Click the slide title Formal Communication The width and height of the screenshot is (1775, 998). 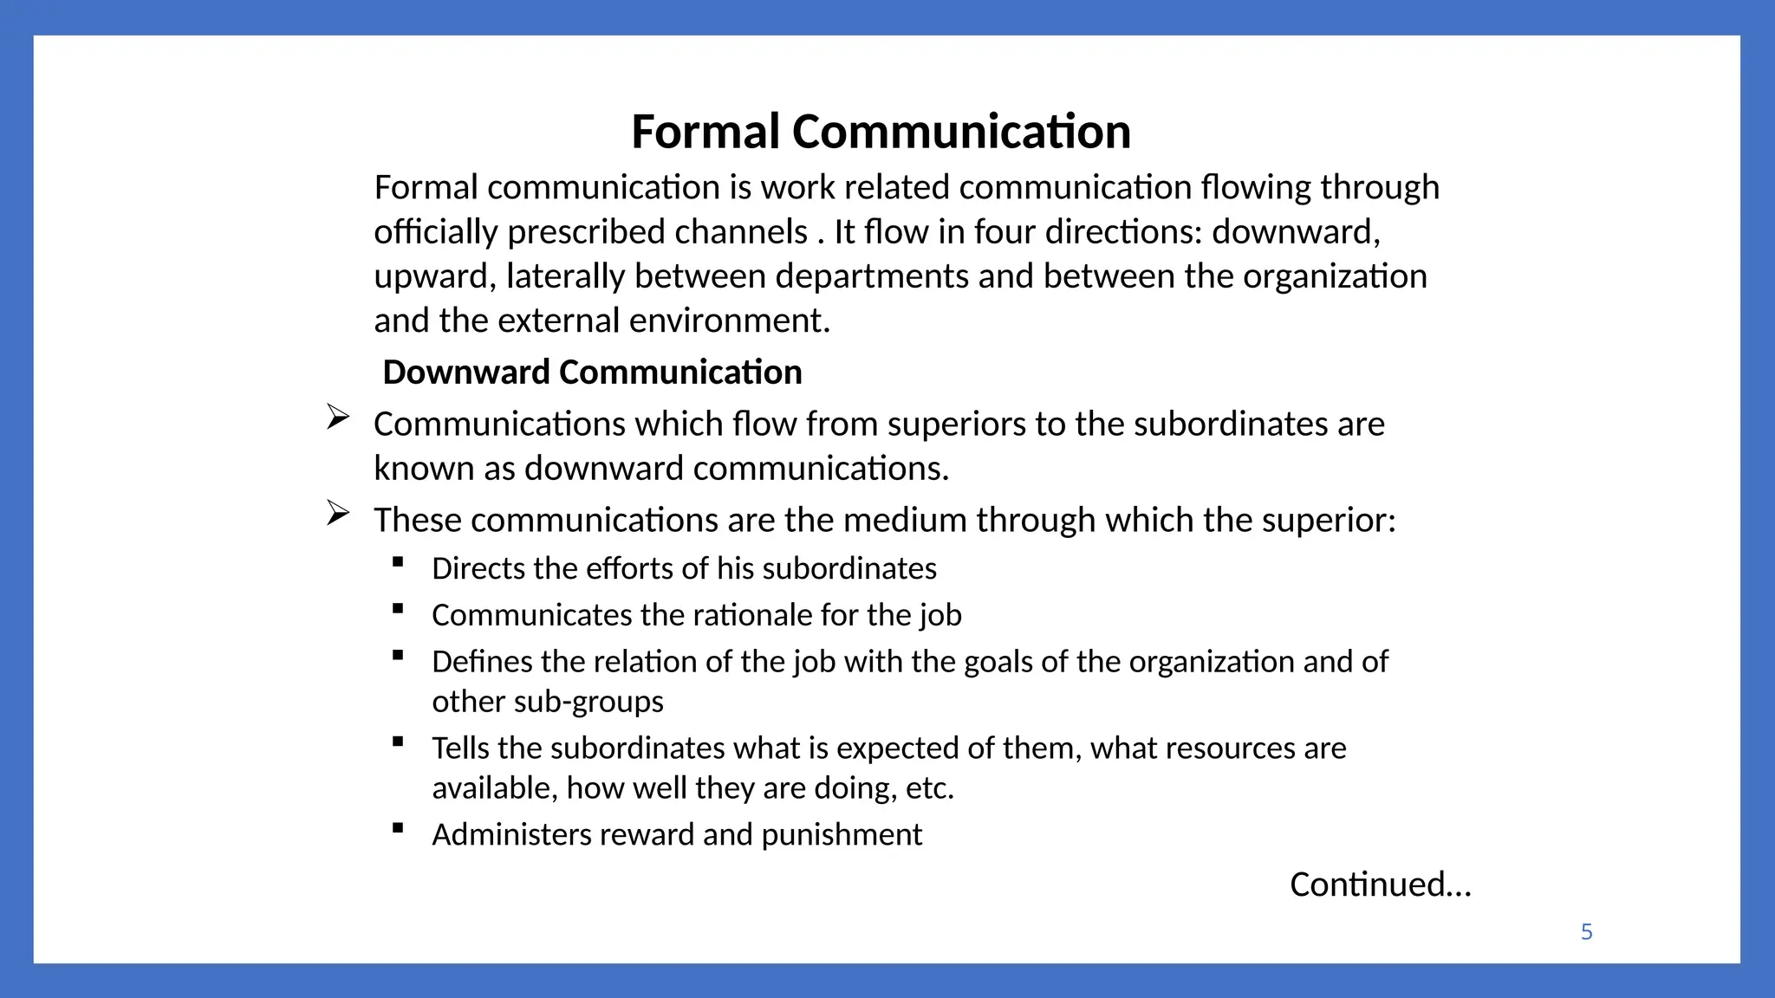click(881, 132)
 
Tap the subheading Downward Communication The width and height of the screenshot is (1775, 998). click(592, 372)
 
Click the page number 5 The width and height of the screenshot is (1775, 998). click(1586, 932)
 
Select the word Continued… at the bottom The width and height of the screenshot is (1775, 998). click(1381, 885)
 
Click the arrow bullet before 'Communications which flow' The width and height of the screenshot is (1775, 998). click(338, 418)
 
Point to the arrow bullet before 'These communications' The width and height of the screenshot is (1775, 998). click(338, 514)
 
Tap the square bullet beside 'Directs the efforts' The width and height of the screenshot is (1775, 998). click(398, 562)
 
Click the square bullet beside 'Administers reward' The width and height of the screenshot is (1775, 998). click(398, 828)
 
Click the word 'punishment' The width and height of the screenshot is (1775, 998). click(842, 835)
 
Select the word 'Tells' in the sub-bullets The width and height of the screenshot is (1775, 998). click(463, 748)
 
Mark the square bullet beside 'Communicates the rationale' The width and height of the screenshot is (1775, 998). click(398, 609)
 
